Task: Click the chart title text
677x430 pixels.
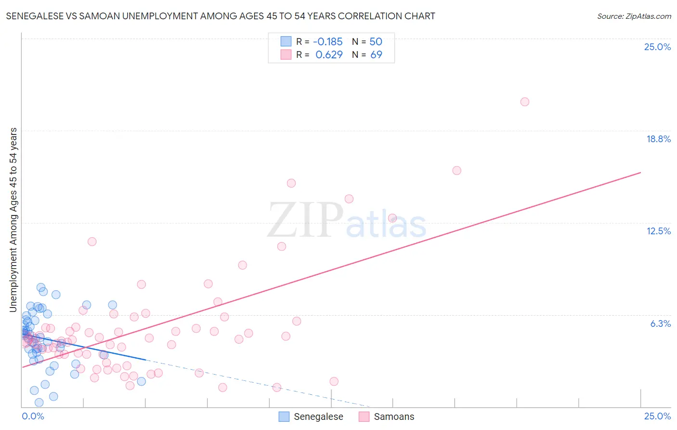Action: [221, 16]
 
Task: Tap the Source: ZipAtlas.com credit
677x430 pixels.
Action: [634, 16]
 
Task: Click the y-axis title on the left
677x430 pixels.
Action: [13, 220]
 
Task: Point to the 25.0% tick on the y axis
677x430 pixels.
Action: [657, 47]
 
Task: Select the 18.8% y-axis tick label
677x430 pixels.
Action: [658, 139]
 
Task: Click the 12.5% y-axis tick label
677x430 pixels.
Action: [658, 231]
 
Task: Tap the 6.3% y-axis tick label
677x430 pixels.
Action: [660, 323]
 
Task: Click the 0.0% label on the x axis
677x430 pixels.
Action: [33, 416]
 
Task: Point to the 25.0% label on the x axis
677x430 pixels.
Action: [657, 416]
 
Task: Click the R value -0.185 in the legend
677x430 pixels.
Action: [327, 41]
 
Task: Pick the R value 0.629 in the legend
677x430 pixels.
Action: [329, 54]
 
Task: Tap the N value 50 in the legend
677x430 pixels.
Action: [376, 41]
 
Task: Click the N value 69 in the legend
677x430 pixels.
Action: [376, 54]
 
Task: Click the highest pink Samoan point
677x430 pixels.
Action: [524, 102]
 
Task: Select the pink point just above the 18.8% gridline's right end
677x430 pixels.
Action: [456, 170]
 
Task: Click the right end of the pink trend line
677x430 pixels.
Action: [640, 173]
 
